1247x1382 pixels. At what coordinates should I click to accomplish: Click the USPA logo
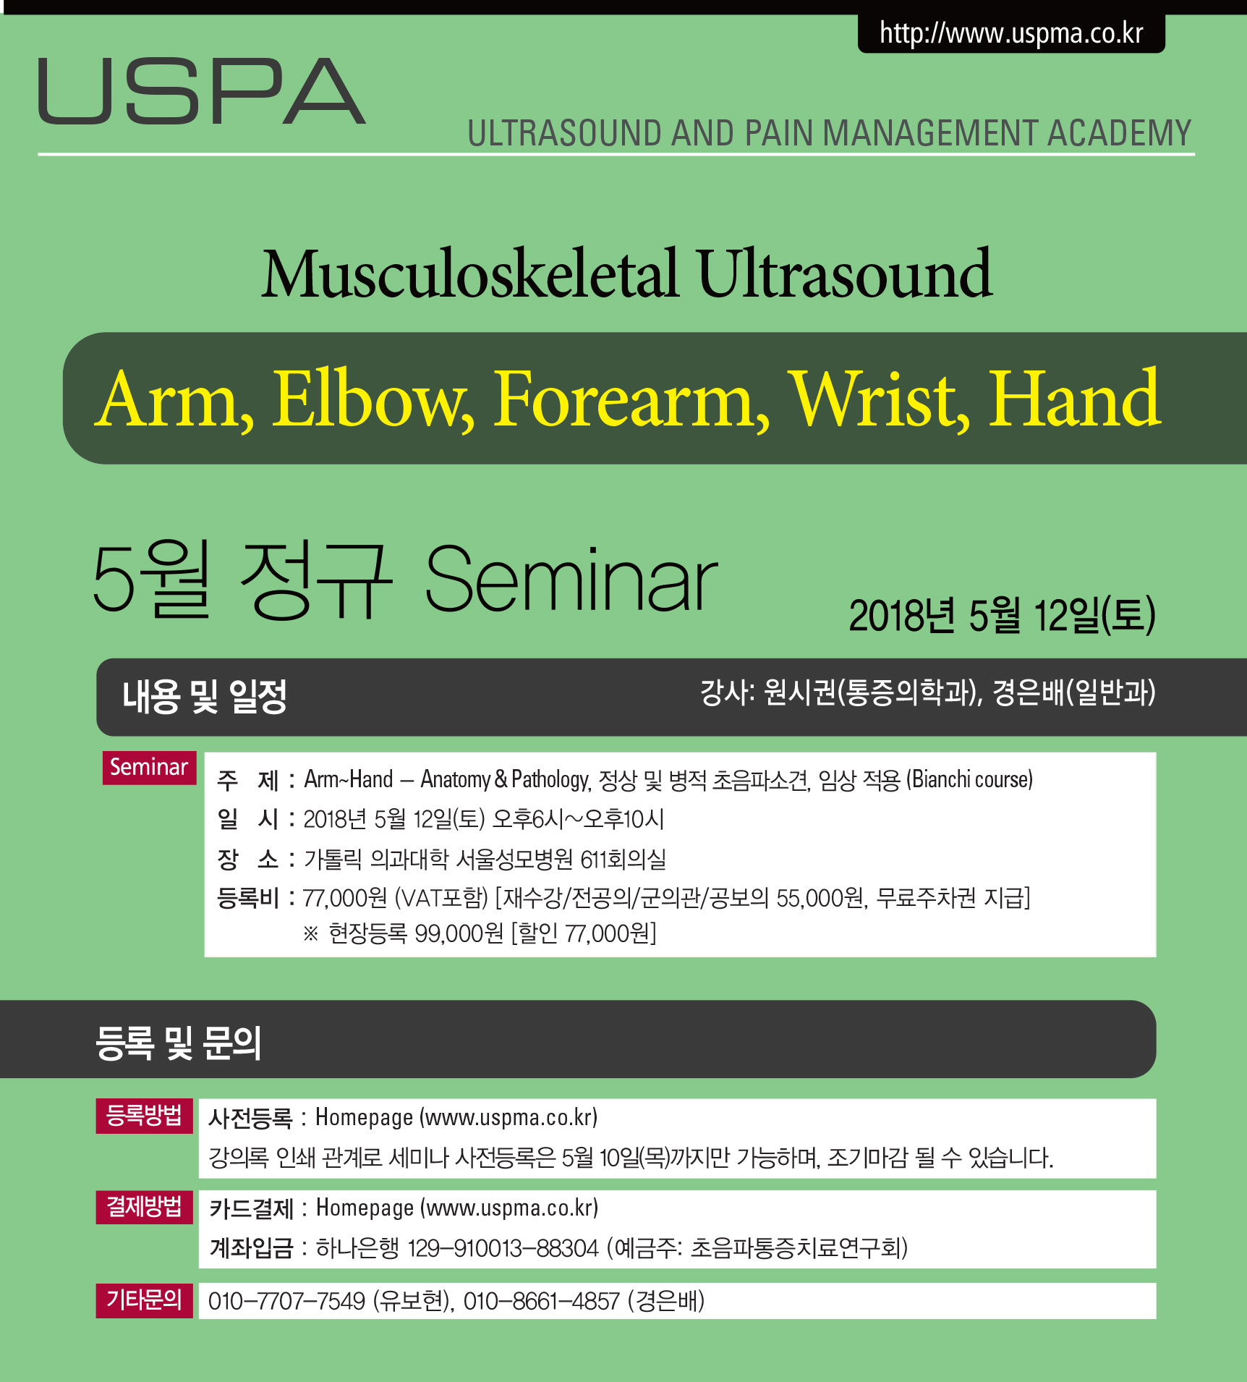[202, 91]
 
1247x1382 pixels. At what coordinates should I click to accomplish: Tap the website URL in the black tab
[1011, 33]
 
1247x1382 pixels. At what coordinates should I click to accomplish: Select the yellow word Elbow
[373, 399]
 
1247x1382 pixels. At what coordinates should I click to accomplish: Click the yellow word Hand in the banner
[1074, 399]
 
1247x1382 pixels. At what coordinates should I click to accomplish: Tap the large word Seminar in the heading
[571, 580]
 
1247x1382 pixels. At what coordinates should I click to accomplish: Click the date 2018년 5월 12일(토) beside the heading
[1002, 616]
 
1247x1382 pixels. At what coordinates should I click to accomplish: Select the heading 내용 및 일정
[205, 696]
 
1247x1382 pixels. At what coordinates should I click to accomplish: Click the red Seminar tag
[149, 767]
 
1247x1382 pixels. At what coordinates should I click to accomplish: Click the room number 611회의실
[623, 859]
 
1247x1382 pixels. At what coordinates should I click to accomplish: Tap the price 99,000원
[459, 933]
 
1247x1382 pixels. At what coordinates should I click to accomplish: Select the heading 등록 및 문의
[178, 1043]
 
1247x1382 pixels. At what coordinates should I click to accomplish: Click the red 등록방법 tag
[144, 1115]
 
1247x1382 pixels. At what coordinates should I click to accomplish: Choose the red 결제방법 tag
[144, 1206]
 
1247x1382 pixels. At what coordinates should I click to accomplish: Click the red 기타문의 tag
[144, 1300]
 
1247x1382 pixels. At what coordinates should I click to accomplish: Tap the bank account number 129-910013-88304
[503, 1248]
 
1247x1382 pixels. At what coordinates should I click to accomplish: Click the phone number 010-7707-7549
[286, 1301]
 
